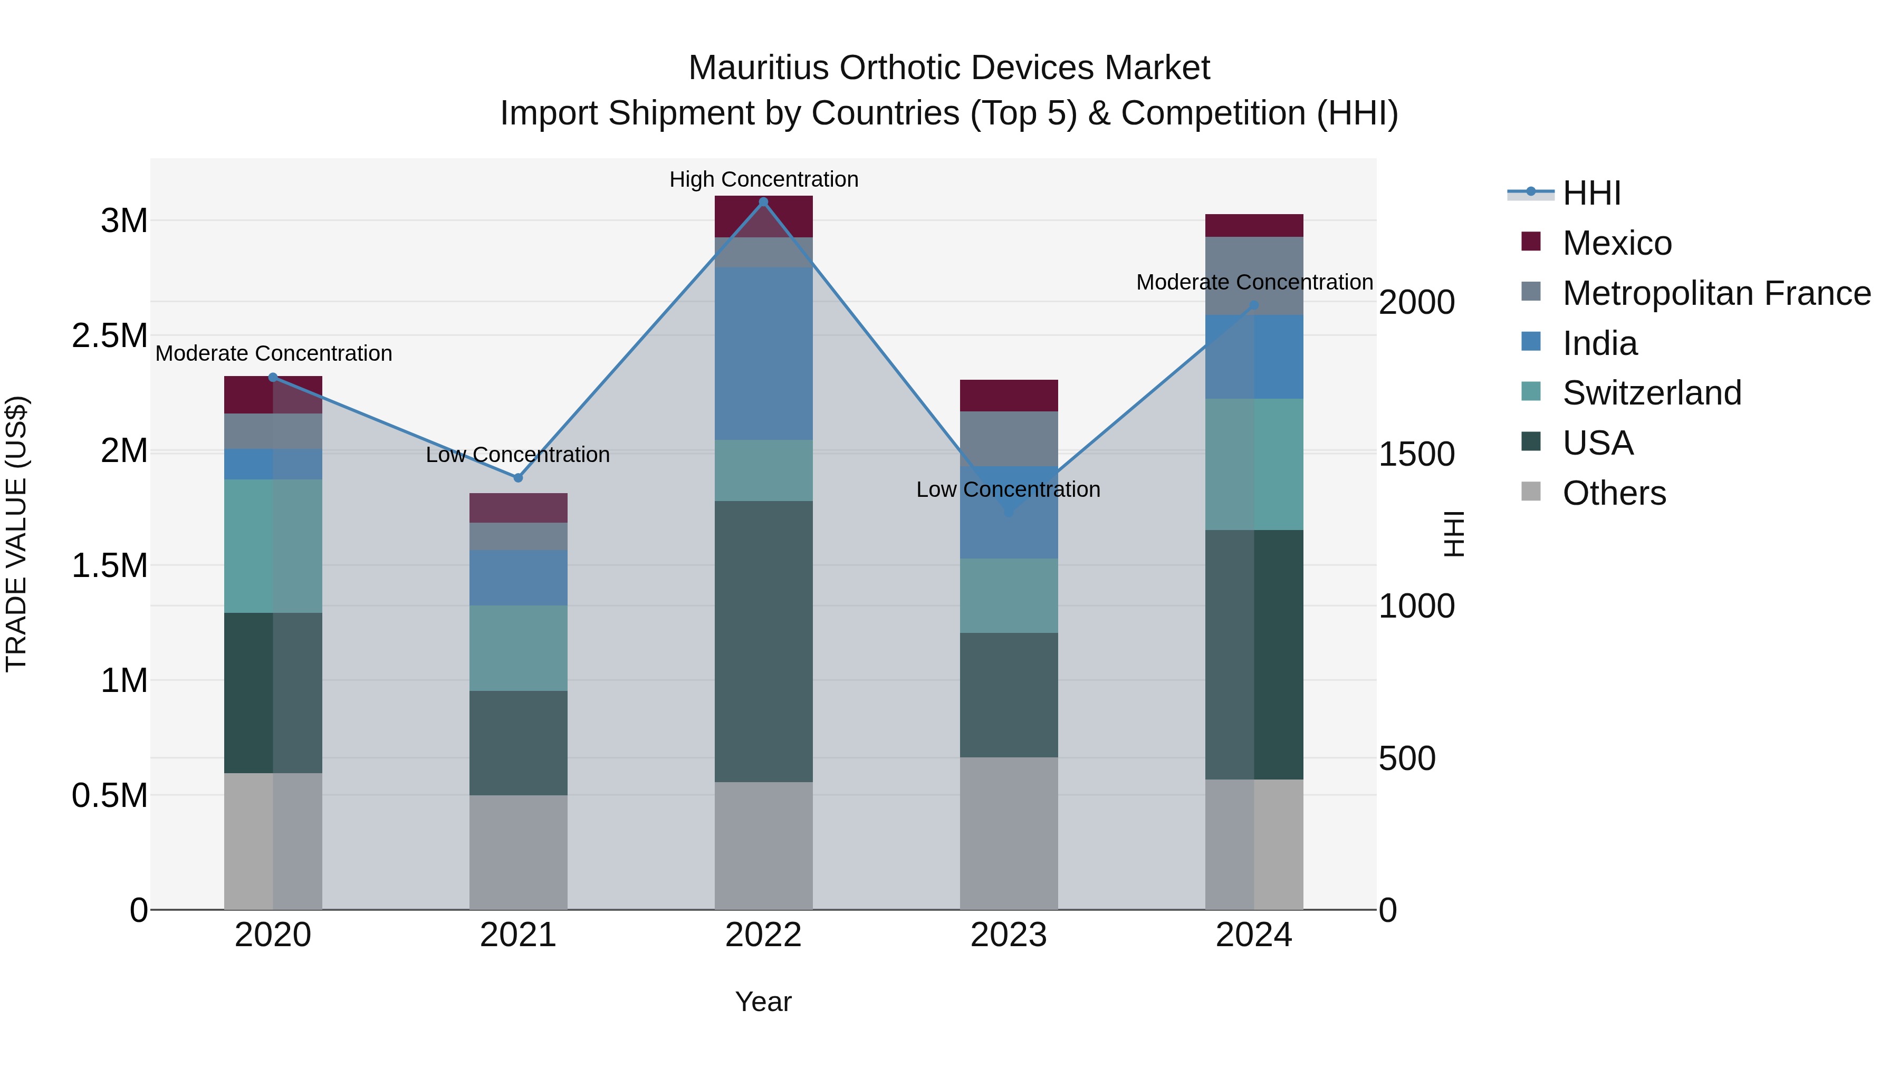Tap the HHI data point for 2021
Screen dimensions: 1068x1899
517,478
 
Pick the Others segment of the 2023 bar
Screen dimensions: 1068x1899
1009,833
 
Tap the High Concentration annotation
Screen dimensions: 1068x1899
764,179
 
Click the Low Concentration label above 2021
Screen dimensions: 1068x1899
517,455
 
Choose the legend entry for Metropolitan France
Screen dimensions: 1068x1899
1716,293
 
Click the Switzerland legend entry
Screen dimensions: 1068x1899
1651,393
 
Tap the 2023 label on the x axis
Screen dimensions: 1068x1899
1009,935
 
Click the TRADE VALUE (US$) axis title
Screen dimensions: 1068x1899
16,534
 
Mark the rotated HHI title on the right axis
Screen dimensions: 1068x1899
1454,534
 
